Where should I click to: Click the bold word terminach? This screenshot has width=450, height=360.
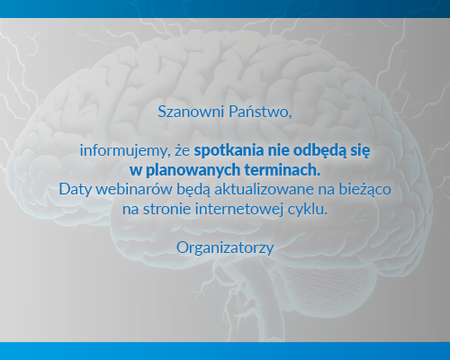coord(283,169)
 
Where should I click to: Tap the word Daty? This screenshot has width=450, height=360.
coord(76,189)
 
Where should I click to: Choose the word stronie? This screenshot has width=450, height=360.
coord(167,209)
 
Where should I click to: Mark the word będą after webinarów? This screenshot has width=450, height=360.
coord(188,189)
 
